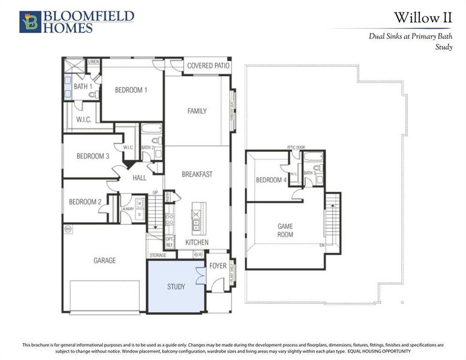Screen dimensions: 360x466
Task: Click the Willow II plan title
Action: click(x=423, y=17)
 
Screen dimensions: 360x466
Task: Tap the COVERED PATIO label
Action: click(x=208, y=65)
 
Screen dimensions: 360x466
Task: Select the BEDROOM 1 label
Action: click(x=131, y=90)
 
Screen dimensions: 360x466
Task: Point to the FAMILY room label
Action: click(x=197, y=111)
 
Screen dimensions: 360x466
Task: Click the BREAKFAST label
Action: click(x=197, y=174)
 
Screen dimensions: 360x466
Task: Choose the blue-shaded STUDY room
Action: click(x=176, y=286)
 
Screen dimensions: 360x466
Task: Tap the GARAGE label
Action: click(x=104, y=260)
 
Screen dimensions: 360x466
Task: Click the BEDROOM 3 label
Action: click(x=92, y=157)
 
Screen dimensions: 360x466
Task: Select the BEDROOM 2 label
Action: click(x=85, y=202)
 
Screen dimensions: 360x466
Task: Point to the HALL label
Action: click(x=140, y=178)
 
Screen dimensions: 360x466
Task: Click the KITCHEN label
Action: click(x=197, y=242)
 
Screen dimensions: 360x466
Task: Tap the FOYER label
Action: click(x=218, y=265)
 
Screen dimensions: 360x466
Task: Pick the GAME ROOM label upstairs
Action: click(x=285, y=230)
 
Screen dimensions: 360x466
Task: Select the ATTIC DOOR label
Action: click(x=296, y=147)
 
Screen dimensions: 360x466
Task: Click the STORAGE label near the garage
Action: click(x=158, y=255)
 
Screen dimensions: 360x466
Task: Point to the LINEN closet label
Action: click(x=94, y=62)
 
